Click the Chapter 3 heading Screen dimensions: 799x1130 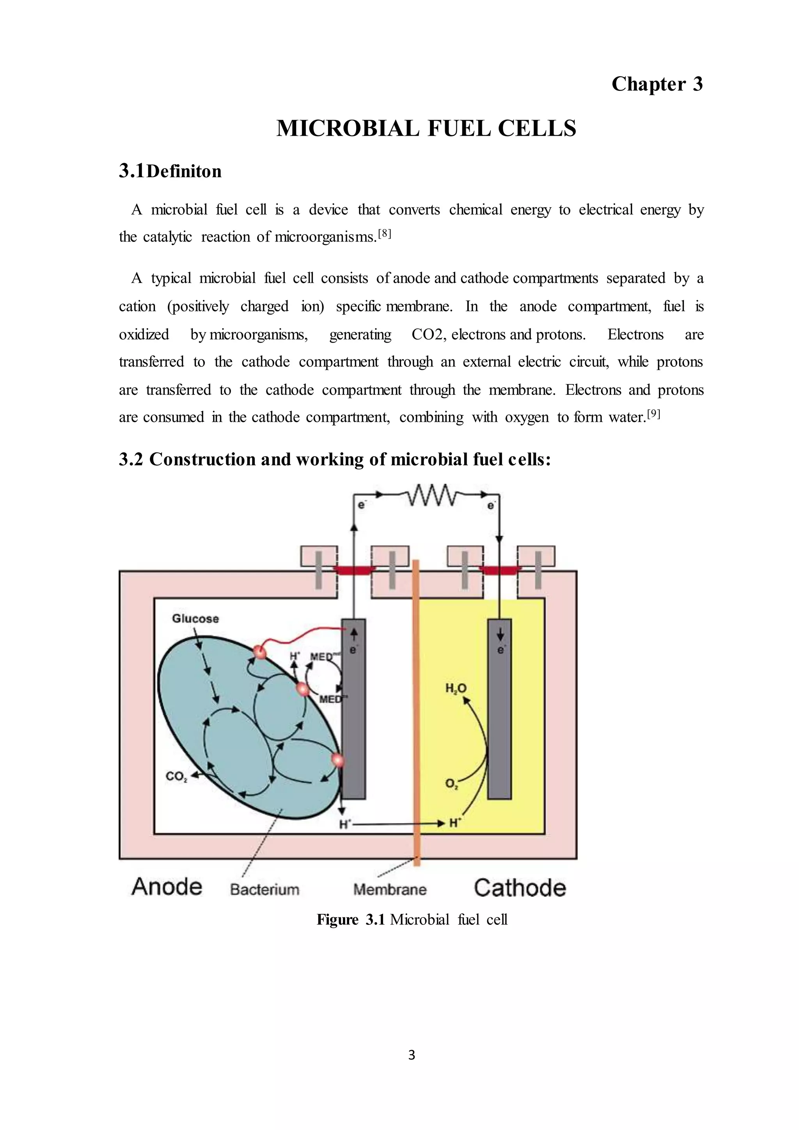pyautogui.click(x=657, y=84)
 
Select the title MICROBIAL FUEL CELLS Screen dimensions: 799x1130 pyautogui.click(x=426, y=128)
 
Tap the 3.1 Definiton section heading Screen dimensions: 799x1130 pyautogui.click(x=170, y=171)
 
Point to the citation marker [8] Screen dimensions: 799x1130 pyautogui.click(x=384, y=234)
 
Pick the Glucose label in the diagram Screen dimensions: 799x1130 pyautogui.click(x=195, y=618)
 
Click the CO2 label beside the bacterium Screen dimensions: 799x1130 pyautogui.click(x=176, y=776)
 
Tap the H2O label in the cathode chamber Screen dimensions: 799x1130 pyautogui.click(x=456, y=689)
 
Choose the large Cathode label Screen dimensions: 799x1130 pyautogui.click(x=520, y=888)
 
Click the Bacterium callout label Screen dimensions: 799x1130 pyautogui.click(x=265, y=889)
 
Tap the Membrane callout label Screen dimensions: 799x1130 pyautogui.click(x=390, y=889)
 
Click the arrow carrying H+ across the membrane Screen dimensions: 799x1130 pyautogui.click(x=398, y=823)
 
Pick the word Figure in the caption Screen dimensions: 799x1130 pyautogui.click(x=337, y=920)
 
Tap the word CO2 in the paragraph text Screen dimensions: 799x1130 pyautogui.click(x=428, y=335)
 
